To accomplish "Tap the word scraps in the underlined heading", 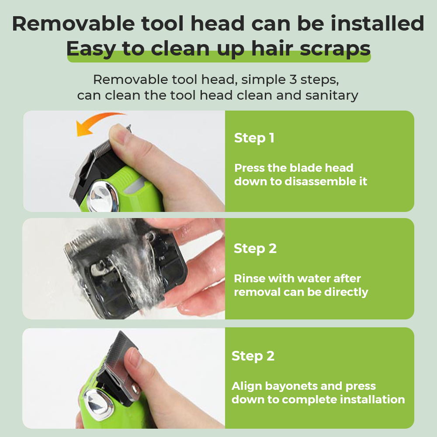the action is click(x=335, y=49).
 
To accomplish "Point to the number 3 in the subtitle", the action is click(x=293, y=80).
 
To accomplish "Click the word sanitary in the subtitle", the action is click(x=332, y=96).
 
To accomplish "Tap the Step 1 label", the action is click(x=254, y=138).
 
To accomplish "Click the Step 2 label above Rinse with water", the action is click(x=255, y=249).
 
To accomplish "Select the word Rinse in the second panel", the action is click(x=250, y=278).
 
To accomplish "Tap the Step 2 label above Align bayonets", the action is click(x=253, y=356).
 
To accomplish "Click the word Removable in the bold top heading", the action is click(x=73, y=24).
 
